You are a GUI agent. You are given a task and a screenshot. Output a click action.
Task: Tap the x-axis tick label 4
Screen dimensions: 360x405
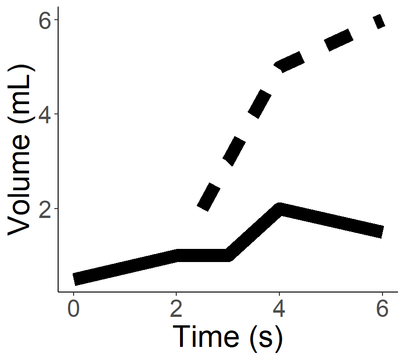(279, 311)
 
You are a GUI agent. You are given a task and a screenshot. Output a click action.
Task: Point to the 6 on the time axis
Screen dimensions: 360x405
(382, 311)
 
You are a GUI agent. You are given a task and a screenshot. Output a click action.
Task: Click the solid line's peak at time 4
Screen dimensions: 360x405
(280, 209)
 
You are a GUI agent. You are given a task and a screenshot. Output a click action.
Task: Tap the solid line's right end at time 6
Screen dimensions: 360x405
(382, 232)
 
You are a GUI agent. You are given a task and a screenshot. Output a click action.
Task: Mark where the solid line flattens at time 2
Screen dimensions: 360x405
(177, 255)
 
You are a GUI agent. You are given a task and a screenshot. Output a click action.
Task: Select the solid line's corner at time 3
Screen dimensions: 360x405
(228, 255)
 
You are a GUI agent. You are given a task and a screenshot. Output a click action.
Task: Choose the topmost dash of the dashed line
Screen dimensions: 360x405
(379, 22)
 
